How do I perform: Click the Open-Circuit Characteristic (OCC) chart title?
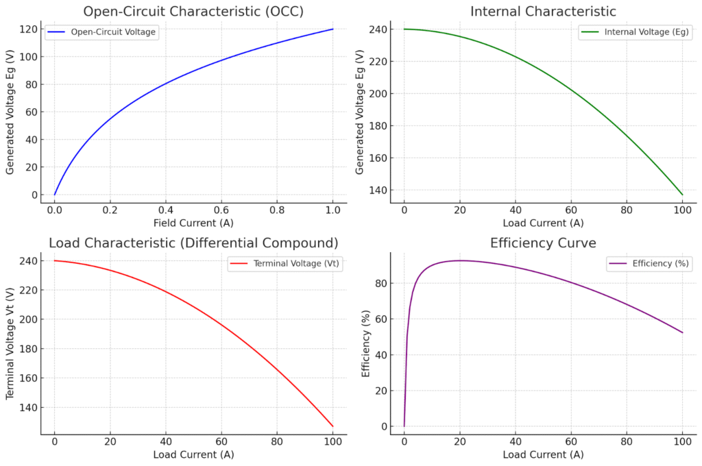193,12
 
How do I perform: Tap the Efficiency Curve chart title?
543,243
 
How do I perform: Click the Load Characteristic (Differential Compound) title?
193,243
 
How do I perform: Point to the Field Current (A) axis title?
193,223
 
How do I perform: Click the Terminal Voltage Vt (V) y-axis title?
11,343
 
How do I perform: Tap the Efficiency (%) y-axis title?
365,343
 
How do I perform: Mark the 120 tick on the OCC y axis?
32,29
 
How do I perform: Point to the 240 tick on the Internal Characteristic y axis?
380,29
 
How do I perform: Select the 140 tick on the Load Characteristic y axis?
32,407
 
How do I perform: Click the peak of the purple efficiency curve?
461,260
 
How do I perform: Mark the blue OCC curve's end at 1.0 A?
333,29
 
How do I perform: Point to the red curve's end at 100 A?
333,426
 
